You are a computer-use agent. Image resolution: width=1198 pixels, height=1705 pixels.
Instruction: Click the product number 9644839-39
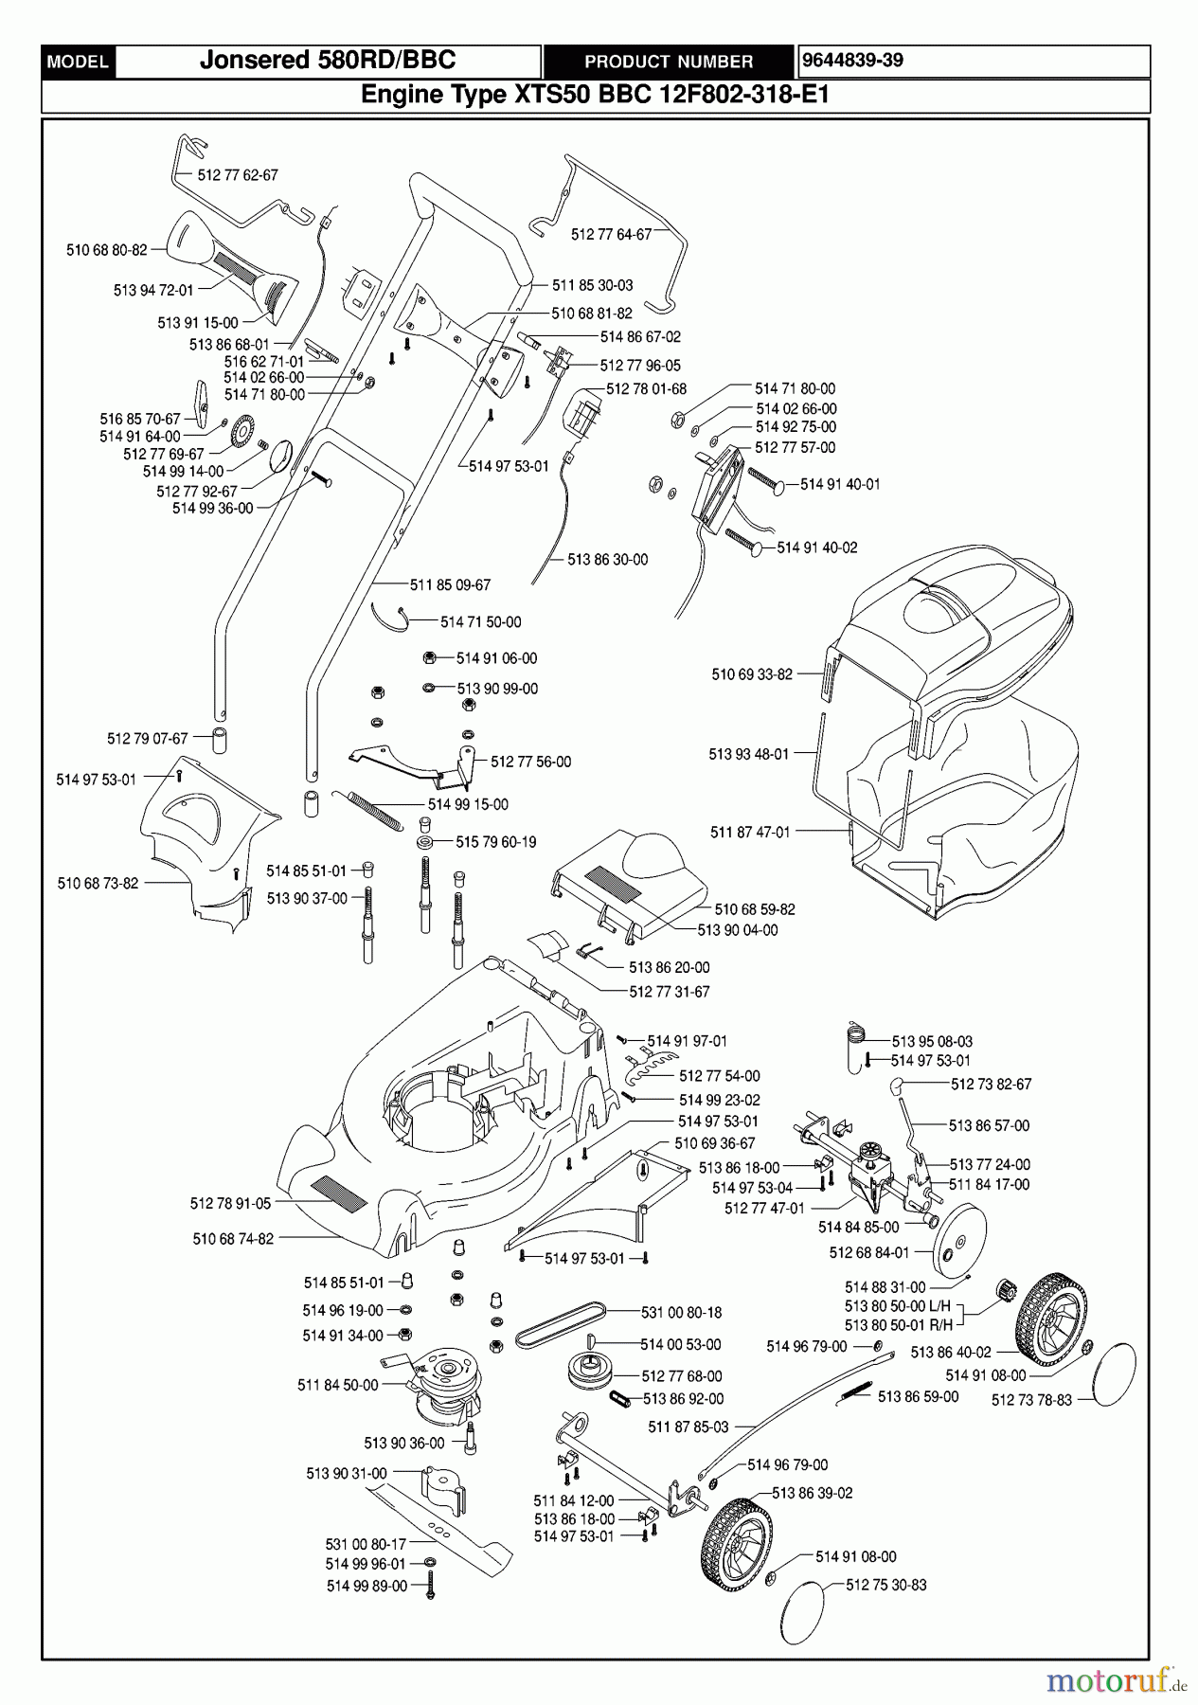[852, 61]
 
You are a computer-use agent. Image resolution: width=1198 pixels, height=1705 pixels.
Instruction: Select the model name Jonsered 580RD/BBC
[328, 61]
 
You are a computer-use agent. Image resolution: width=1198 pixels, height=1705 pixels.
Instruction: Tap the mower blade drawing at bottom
[445, 1525]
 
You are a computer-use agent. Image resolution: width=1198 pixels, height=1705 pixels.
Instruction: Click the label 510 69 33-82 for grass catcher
[752, 674]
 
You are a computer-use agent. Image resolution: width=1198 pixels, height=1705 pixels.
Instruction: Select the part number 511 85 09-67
[450, 585]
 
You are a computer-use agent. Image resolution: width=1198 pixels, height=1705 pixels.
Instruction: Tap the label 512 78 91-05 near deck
[230, 1203]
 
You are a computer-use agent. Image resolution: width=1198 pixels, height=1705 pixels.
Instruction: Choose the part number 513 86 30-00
[607, 560]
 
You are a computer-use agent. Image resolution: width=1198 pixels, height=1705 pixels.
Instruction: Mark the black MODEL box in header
[79, 62]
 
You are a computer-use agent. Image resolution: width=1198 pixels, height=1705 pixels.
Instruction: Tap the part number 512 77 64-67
[611, 234]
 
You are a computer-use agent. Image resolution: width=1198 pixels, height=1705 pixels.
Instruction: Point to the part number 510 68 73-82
[98, 883]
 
